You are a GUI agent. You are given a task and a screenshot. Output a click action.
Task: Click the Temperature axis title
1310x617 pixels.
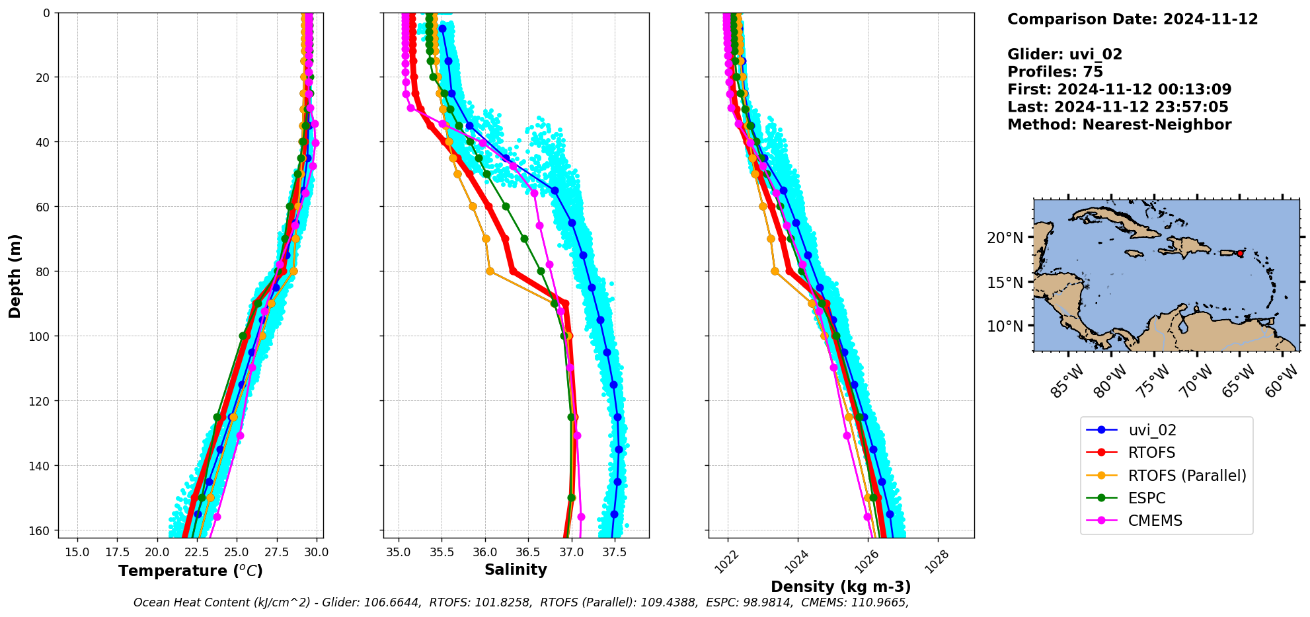[190, 571]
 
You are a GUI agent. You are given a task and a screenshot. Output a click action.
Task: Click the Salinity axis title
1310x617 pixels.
[516, 569]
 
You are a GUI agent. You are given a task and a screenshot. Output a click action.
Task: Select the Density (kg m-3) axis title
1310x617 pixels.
[841, 587]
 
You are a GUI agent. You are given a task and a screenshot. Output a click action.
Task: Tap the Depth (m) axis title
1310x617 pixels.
[15, 275]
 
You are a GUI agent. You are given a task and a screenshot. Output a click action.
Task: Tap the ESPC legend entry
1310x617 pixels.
[1146, 498]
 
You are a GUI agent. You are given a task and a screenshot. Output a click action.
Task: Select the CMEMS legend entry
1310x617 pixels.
[1155, 521]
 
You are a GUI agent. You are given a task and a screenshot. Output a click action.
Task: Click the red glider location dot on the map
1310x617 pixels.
[1240, 254]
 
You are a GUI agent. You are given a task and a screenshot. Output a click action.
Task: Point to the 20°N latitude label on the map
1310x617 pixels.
[1005, 238]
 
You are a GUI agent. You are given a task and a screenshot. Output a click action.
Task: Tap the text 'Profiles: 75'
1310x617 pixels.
[1055, 72]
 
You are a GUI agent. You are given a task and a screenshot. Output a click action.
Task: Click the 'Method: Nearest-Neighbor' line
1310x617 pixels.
[1119, 125]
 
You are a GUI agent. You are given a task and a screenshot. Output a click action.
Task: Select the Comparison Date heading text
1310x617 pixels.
[1132, 19]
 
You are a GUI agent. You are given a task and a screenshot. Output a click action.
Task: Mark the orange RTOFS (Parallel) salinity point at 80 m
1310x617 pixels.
[490, 271]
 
